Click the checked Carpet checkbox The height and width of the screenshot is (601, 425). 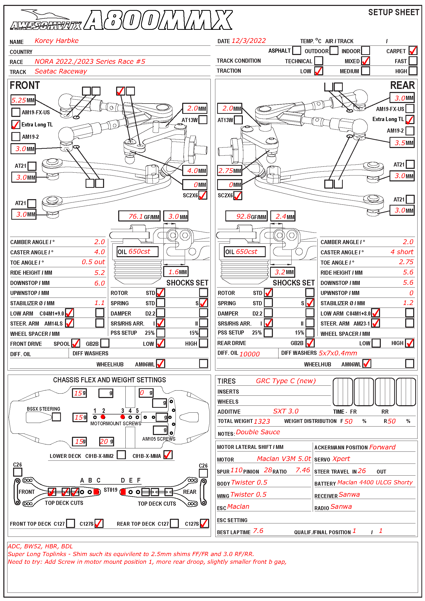click(413, 51)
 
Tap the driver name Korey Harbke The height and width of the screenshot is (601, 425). click(57, 41)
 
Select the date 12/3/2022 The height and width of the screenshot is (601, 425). click(249, 41)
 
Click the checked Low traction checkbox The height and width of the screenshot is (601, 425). click(318, 71)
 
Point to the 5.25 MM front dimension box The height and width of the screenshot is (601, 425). click(23, 100)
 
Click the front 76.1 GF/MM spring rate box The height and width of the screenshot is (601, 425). click(139, 216)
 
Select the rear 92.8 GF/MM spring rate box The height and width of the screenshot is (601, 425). click(246, 216)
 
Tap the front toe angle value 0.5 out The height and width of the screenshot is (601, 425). click(93, 262)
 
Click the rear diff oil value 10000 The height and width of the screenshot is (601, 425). click(250, 354)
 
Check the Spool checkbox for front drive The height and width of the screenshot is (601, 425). click(76, 343)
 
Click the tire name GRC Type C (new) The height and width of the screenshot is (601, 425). click(286, 381)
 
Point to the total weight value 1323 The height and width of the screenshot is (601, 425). click(262, 421)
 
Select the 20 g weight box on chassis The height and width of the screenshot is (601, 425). click(106, 442)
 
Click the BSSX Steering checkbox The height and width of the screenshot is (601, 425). click(56, 417)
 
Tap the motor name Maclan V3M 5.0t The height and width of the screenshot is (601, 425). click(284, 459)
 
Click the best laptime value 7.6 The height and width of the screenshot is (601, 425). click(258, 531)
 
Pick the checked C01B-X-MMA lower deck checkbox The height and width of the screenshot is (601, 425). click(168, 455)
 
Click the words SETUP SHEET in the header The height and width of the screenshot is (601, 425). click(393, 12)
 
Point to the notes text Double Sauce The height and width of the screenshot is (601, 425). click(258, 432)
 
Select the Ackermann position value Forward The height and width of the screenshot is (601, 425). click(382, 447)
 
